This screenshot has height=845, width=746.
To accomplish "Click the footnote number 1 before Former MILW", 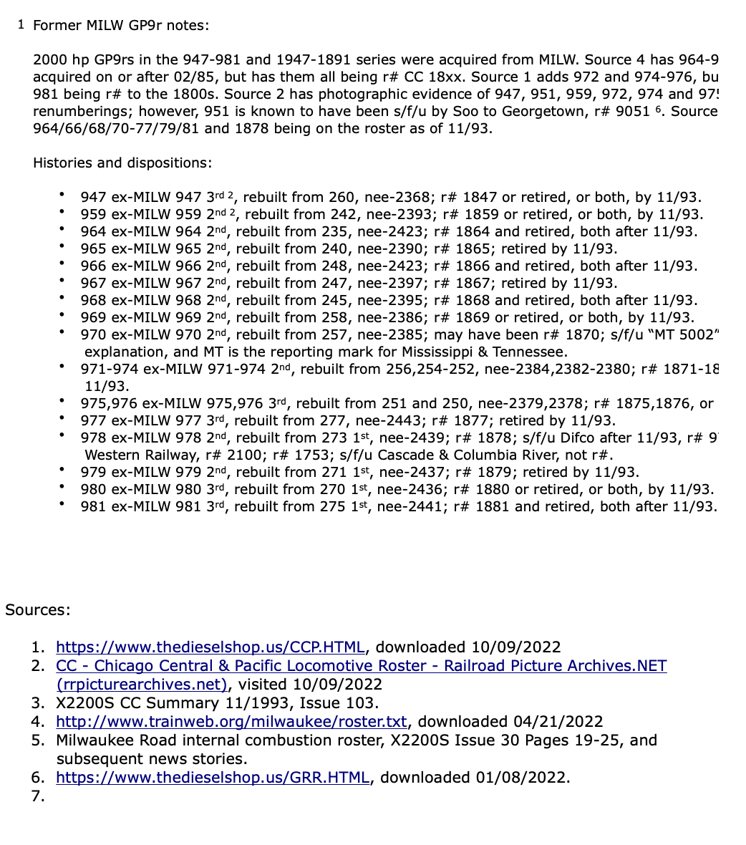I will (x=21, y=24).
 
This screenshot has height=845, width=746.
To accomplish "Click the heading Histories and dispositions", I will (x=122, y=163).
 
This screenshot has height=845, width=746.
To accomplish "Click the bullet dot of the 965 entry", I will (x=64, y=248).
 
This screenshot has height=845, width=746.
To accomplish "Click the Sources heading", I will (x=38, y=610).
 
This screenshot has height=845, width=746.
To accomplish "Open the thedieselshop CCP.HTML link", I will (x=210, y=647).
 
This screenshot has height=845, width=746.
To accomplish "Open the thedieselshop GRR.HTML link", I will (x=213, y=778).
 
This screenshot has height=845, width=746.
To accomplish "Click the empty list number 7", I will (x=38, y=796).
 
